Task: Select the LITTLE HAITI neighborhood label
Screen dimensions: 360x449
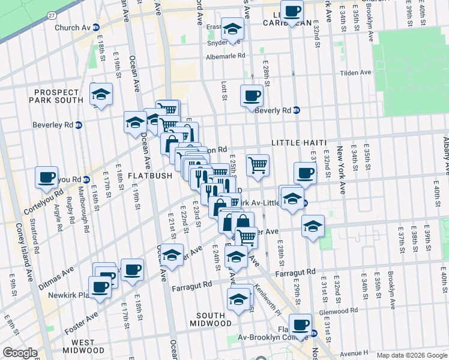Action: tap(298, 142)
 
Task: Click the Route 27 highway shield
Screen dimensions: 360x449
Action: tap(52, 15)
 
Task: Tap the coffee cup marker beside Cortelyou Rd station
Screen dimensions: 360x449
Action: tap(47, 177)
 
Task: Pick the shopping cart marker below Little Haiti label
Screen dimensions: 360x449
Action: tap(258, 164)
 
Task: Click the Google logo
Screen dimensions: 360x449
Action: tap(20, 353)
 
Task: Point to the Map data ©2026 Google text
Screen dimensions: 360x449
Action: tap(412, 355)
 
